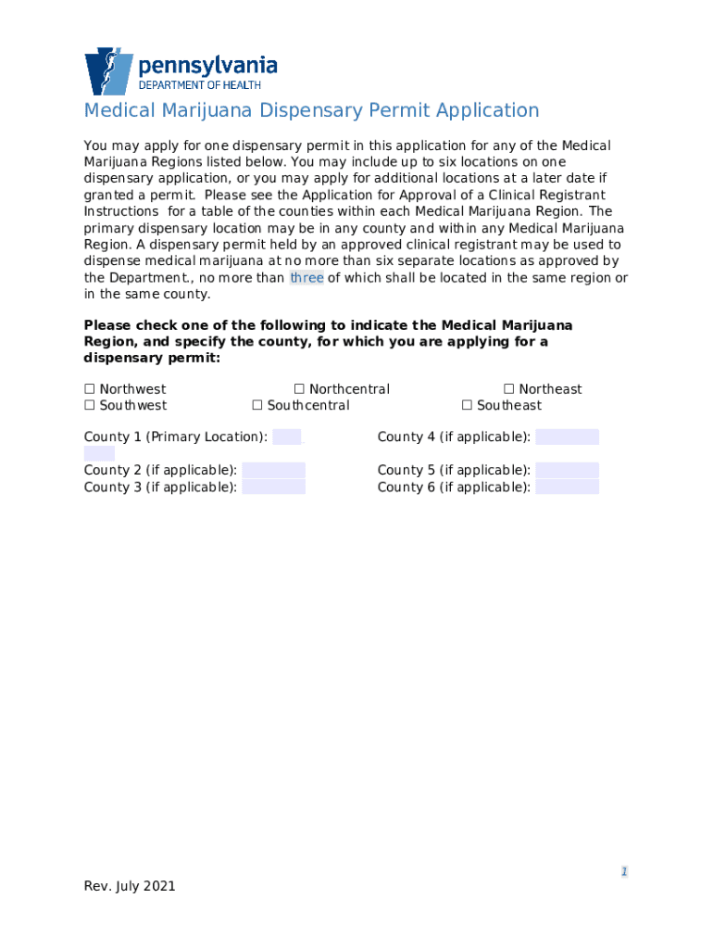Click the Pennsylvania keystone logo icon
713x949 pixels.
click(x=108, y=71)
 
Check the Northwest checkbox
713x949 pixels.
click(x=90, y=389)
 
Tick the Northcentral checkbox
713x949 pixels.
click(x=299, y=389)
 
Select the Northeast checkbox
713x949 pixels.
click(x=509, y=389)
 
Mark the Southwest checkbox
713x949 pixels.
click(x=90, y=406)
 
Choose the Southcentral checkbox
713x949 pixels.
click(x=257, y=406)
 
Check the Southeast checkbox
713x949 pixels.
click(x=468, y=406)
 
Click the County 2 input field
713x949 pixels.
click(x=273, y=470)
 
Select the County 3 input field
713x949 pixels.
click(x=273, y=487)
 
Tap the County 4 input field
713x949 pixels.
click(x=567, y=437)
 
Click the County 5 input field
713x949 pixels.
click(x=567, y=470)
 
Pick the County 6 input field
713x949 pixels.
click(x=567, y=487)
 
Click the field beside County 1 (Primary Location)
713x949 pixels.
click(x=287, y=437)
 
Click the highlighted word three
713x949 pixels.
click(x=306, y=278)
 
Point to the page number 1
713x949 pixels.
click(x=625, y=872)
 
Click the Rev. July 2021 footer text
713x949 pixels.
click(x=130, y=886)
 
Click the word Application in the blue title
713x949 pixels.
click(x=487, y=111)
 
